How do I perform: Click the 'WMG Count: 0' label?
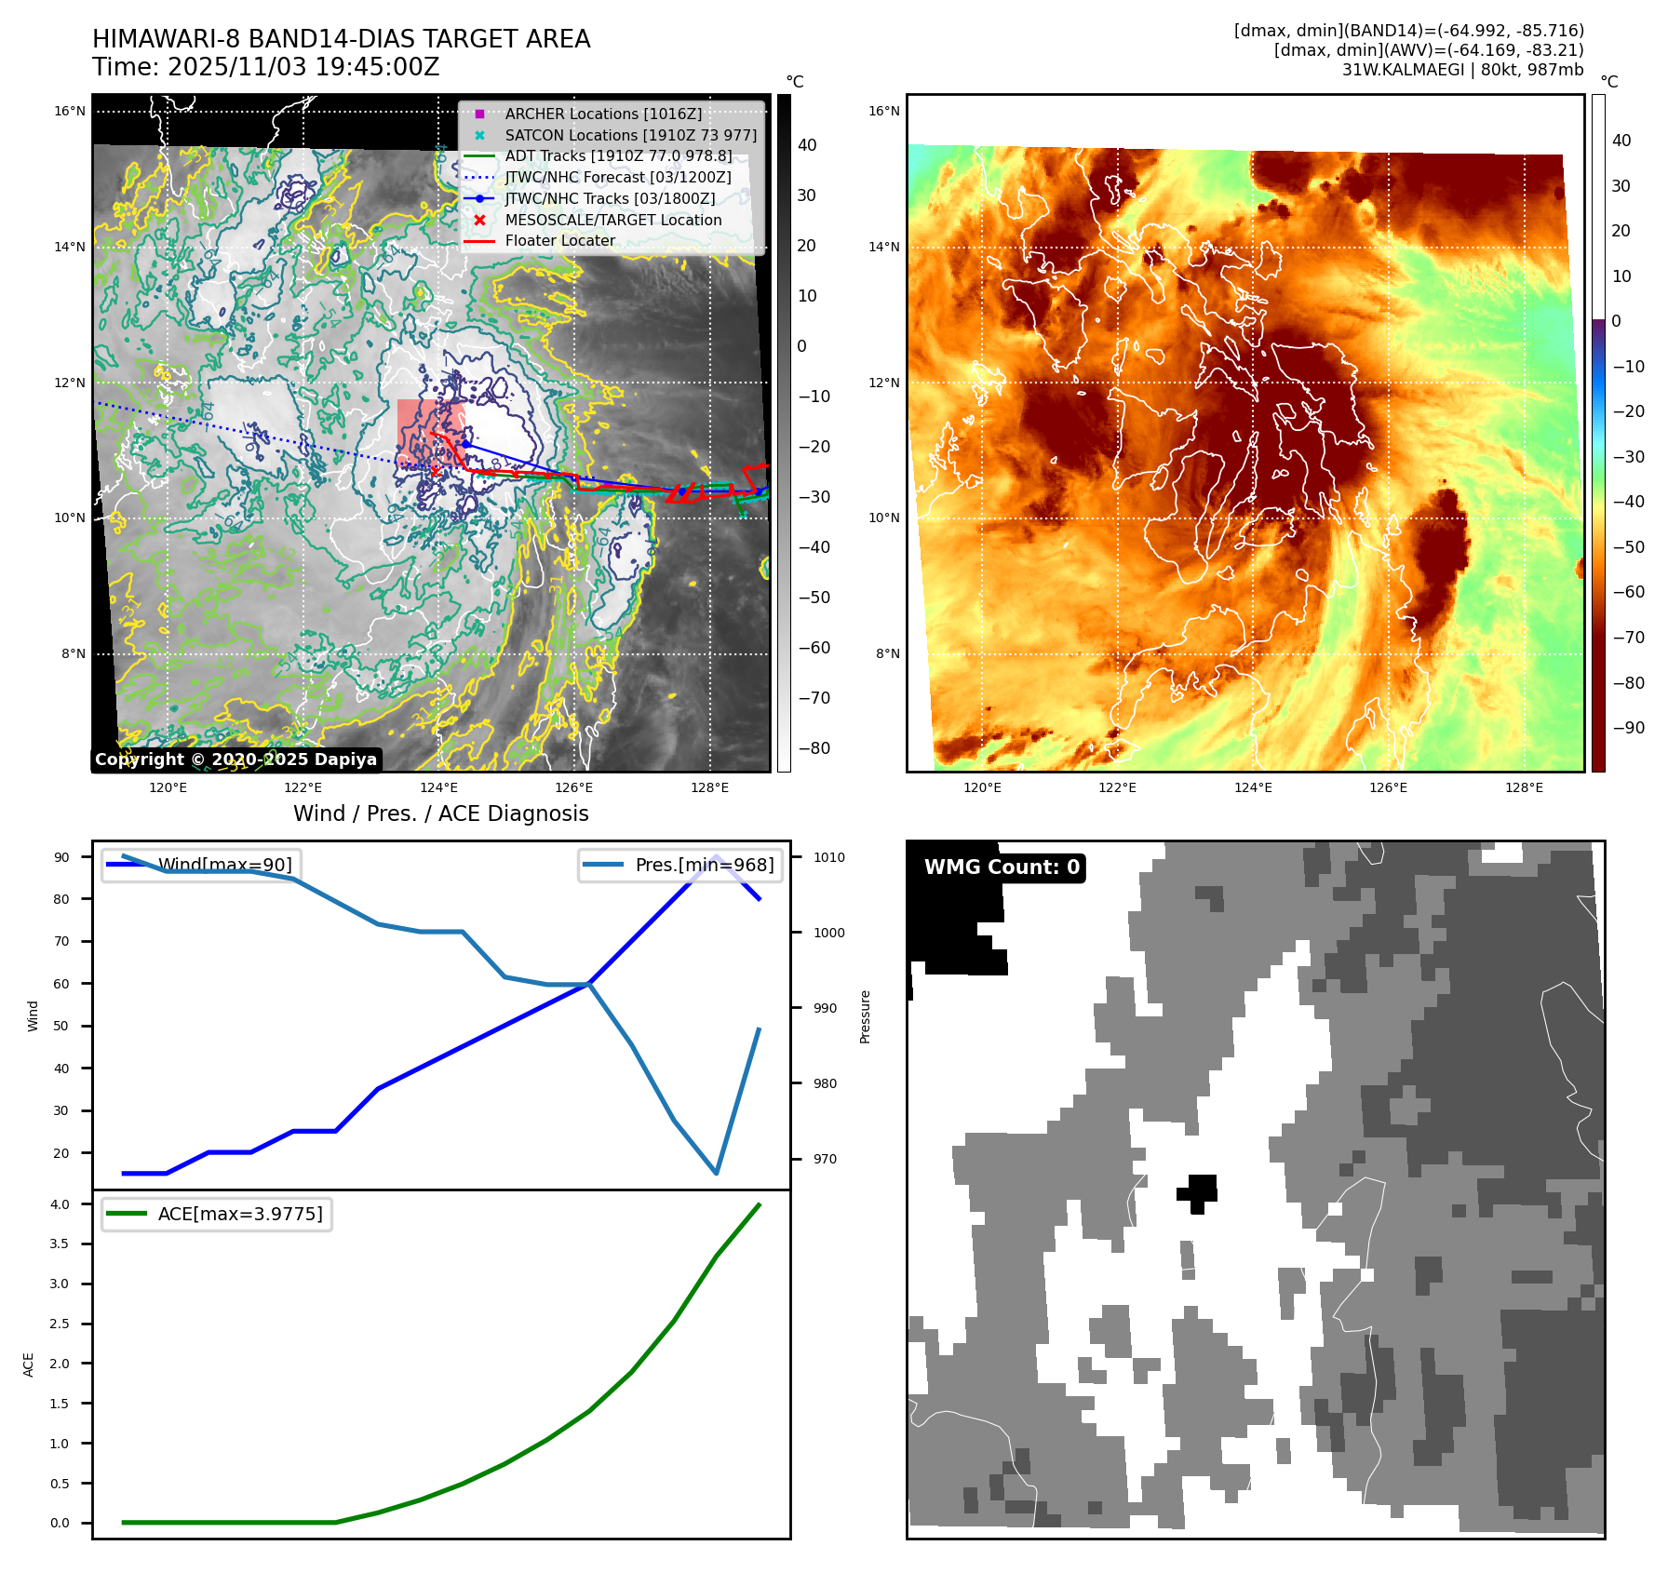pos(1002,867)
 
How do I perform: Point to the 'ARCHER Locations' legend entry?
pos(603,114)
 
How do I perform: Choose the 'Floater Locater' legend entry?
pos(559,240)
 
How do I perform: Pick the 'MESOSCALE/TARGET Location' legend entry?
pos(612,220)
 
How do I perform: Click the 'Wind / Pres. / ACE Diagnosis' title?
pos(440,813)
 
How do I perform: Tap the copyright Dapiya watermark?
pos(235,760)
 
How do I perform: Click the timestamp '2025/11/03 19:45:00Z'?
pos(303,67)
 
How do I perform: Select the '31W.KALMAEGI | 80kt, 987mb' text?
pos(1462,70)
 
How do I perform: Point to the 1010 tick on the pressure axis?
pos(828,857)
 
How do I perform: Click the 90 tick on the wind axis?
pos(61,857)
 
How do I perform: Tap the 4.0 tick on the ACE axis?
pos(60,1204)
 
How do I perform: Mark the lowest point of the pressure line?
pos(716,1173)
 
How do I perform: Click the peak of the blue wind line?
pos(716,856)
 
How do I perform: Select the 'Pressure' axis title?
pos(865,1016)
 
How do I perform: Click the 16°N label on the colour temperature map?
pos(884,112)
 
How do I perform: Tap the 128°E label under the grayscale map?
pos(709,788)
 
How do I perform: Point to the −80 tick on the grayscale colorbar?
pos(814,748)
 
